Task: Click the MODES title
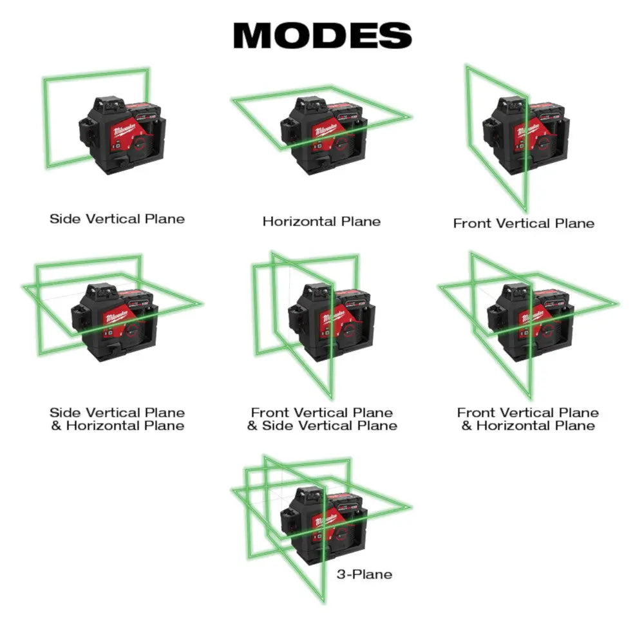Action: [322, 35]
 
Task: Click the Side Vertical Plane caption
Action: [117, 219]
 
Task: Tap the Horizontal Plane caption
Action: [321, 222]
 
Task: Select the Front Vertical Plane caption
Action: [524, 223]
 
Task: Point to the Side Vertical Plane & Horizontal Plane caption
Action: [117, 419]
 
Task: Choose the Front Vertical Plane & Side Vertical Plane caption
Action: [322, 419]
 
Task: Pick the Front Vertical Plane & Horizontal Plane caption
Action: [528, 419]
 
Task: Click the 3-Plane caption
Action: [364, 574]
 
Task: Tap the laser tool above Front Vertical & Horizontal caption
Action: [531, 322]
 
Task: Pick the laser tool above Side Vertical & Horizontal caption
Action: [119, 322]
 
